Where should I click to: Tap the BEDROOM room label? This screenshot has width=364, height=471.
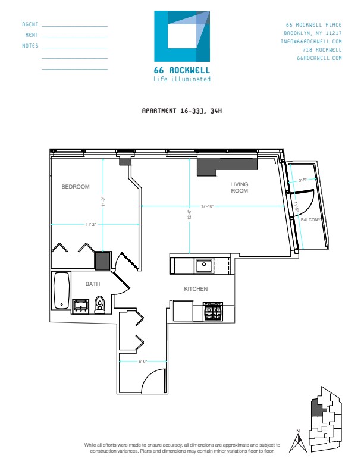point(76,187)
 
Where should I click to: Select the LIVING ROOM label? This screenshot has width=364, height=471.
point(239,188)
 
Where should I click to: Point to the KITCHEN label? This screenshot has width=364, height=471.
point(195,289)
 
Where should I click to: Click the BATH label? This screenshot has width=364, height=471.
point(93,284)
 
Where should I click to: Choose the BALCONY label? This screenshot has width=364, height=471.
point(310,220)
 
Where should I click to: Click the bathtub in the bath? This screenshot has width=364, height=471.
point(61,291)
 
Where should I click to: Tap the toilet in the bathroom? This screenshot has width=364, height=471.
point(100,304)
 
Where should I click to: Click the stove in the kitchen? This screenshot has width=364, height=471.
point(213,310)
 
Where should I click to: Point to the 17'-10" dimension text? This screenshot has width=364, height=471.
point(208,206)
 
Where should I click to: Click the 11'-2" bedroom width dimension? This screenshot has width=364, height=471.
point(91,224)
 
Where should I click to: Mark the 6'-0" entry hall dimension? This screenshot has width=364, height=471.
point(127,360)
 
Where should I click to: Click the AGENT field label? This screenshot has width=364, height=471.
point(30,24)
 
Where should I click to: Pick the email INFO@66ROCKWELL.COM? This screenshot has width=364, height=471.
point(311,42)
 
